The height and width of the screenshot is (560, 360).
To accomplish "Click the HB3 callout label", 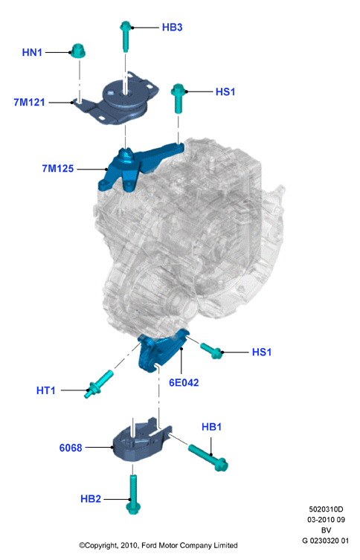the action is click(x=172, y=27).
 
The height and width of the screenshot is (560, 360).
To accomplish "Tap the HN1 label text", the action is click(x=32, y=53).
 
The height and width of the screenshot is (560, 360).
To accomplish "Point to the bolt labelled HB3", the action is click(x=126, y=36).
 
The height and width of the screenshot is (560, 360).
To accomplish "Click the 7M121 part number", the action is click(x=29, y=103).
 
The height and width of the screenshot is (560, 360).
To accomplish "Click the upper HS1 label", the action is click(x=225, y=91).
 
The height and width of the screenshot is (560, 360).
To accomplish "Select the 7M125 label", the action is click(x=58, y=168).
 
